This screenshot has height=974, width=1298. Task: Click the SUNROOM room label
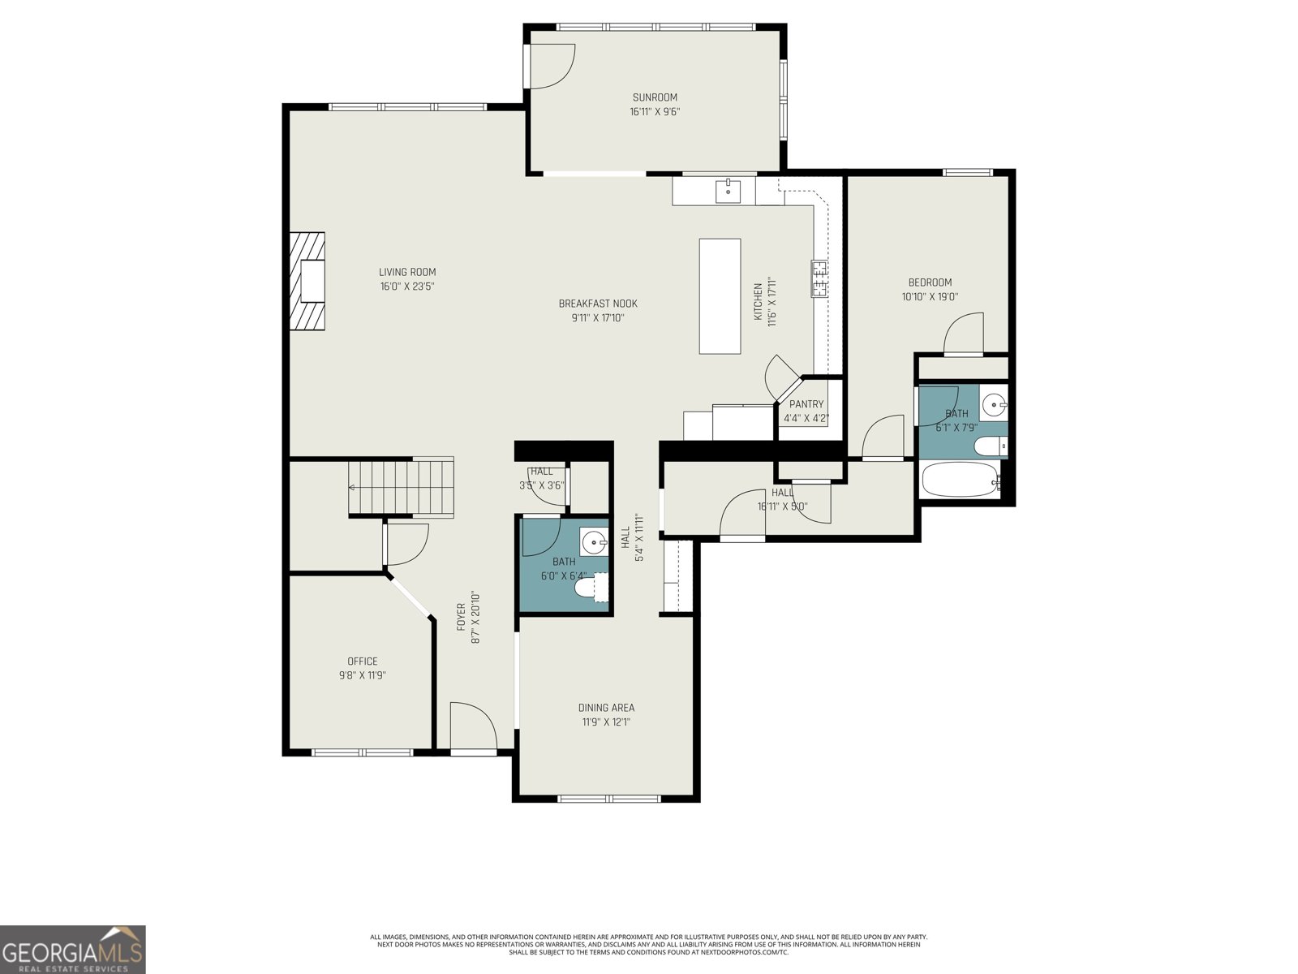pos(654,97)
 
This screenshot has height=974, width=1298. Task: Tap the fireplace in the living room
pos(309,281)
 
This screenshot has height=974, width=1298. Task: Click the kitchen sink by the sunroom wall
pos(728,192)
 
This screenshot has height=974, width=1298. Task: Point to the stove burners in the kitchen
pos(819,278)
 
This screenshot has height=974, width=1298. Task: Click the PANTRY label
pos(806,404)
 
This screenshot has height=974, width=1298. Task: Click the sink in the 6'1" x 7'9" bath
pos(993,403)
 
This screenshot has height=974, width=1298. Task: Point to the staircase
pos(401,487)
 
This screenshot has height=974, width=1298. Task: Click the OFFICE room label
pos(362,662)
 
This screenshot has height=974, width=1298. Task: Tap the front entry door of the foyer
pos(473,727)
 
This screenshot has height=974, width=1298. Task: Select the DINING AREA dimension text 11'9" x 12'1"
pos(606,722)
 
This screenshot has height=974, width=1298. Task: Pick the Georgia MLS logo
pos(73,950)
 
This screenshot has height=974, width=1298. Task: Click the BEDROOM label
pos(930,282)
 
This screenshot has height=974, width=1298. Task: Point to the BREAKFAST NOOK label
pos(598,304)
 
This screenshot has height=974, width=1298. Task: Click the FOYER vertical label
pos(461,617)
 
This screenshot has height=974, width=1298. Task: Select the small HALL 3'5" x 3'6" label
pos(541,472)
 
